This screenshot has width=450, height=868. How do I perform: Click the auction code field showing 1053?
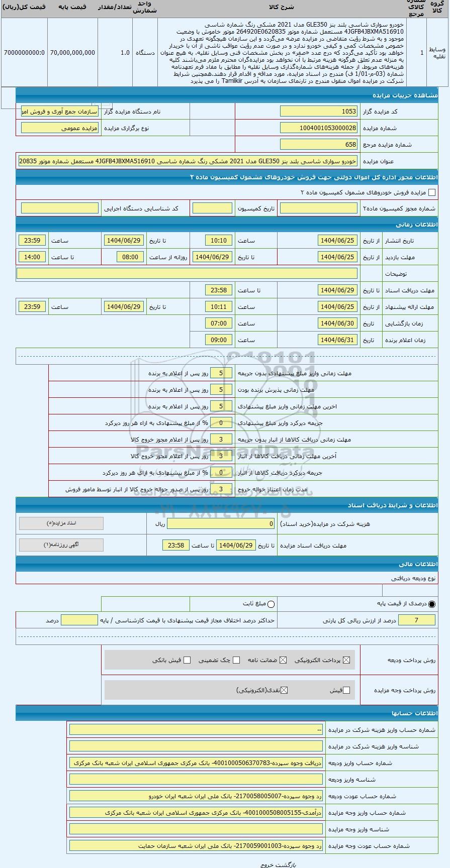tap(319, 112)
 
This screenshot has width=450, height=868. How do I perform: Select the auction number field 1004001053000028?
tap(319, 128)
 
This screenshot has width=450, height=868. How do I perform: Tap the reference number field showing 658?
tap(319, 145)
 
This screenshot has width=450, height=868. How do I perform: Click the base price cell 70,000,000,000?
tap(72, 53)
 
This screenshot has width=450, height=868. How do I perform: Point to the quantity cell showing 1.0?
tap(125, 53)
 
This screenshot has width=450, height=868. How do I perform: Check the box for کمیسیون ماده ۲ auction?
tap(431, 192)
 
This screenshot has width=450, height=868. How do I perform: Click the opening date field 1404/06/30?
tap(337, 323)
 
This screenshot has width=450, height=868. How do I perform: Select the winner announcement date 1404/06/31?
tap(337, 340)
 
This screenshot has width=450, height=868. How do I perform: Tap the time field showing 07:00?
tap(219, 323)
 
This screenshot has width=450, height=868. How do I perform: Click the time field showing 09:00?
tap(219, 340)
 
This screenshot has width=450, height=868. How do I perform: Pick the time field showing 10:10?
tap(219, 241)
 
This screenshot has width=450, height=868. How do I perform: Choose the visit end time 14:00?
tap(32, 257)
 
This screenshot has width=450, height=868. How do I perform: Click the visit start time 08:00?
tap(130, 257)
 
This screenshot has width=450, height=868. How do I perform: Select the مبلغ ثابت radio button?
tap(271, 604)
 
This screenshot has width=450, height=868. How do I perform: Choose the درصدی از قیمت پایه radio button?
tap(432, 604)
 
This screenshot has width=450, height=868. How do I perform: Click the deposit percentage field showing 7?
tap(416, 620)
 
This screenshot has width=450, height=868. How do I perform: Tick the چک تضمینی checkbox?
tap(236, 660)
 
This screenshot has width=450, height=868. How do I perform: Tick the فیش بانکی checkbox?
tap(187, 660)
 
